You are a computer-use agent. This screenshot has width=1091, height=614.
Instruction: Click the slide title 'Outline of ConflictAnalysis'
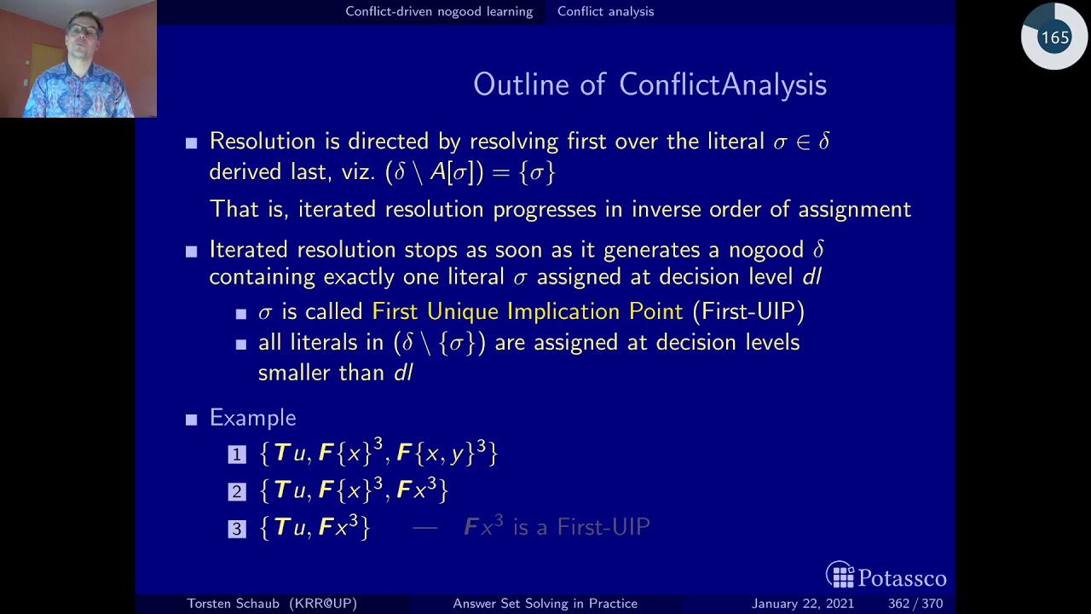[x=649, y=84]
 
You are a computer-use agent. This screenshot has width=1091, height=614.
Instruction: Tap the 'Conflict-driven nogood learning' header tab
[x=439, y=12]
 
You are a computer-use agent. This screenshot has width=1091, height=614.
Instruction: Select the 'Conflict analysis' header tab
[x=605, y=12]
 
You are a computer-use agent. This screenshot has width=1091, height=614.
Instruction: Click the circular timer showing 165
[x=1054, y=38]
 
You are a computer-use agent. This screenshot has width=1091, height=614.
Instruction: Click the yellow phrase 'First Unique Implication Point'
[x=527, y=311]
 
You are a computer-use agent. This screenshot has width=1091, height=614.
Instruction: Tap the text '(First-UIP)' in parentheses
[x=748, y=311]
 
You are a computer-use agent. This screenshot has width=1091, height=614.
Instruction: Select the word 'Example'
[x=252, y=418]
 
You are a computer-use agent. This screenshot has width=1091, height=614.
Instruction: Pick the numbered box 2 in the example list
[x=237, y=492]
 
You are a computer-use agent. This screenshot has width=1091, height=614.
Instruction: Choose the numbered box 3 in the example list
[x=237, y=530]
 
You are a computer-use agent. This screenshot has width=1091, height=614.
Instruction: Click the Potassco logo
[x=886, y=576]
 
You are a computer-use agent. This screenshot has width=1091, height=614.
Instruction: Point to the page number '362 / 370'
[x=915, y=604]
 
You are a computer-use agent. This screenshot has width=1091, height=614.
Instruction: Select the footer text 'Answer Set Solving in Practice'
[x=545, y=604]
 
